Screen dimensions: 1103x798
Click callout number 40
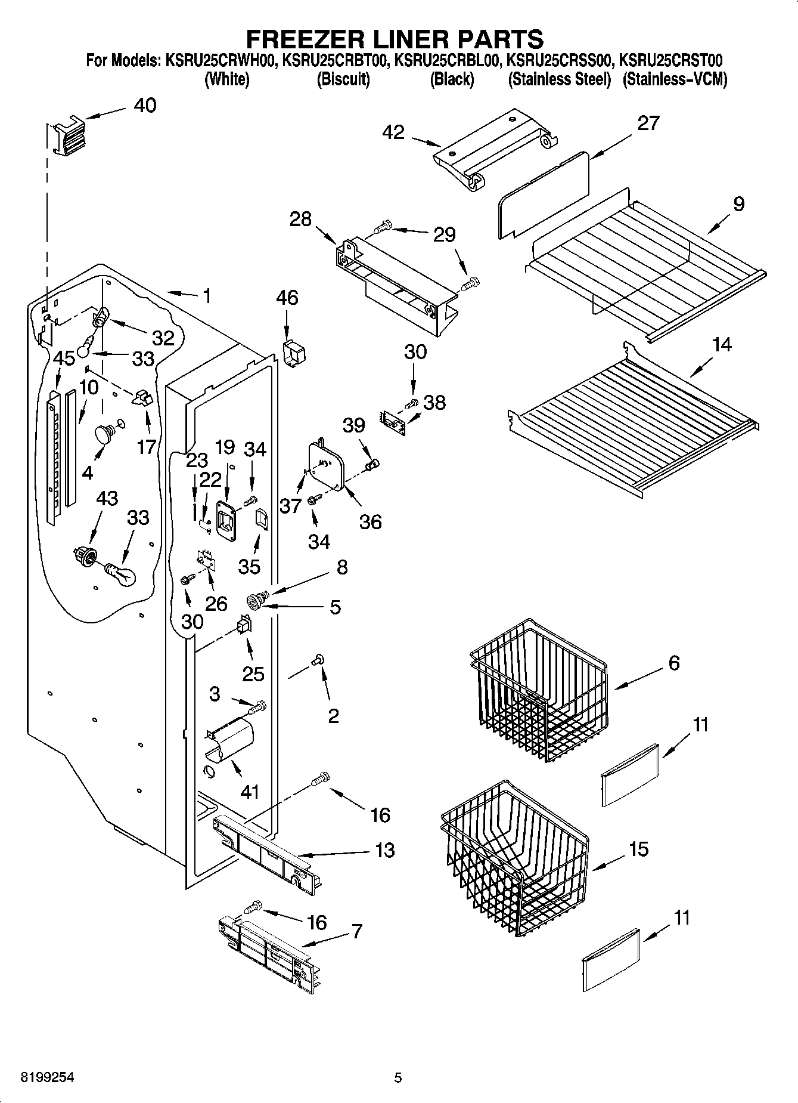click(145, 106)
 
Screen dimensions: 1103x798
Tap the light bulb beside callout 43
click(121, 574)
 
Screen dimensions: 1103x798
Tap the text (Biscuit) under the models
click(343, 79)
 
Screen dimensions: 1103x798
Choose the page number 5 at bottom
click(398, 1078)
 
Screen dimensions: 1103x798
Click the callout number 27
click(648, 123)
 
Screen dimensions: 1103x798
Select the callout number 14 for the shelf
click(722, 344)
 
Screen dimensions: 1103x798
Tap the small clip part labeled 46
click(294, 353)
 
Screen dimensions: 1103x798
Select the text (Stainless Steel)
click(559, 79)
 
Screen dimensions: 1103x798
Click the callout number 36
click(370, 522)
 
